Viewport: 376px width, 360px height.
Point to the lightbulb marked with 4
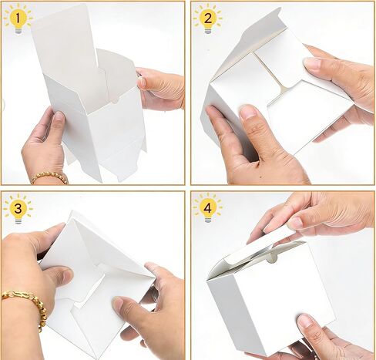(x=206, y=207)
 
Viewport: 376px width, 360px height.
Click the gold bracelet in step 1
(x=49, y=177)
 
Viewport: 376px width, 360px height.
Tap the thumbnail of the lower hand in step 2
(x=248, y=113)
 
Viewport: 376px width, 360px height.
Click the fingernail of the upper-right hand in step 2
(x=311, y=62)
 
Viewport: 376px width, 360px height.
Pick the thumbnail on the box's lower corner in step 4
(x=306, y=319)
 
